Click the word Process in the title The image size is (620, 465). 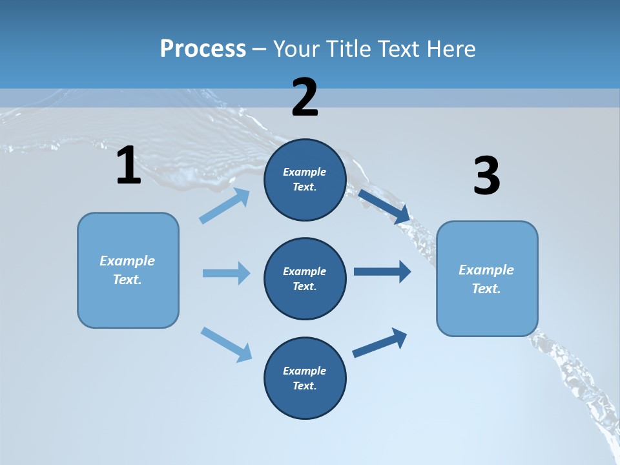tap(203, 48)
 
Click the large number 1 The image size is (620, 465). tap(129, 166)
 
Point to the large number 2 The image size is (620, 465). tap(305, 98)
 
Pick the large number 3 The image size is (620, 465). tap(487, 176)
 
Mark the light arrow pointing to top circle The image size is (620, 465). tap(225, 206)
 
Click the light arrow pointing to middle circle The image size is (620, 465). tap(226, 273)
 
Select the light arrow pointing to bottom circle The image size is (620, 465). tap(226, 344)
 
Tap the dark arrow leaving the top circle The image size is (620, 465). tap(384, 206)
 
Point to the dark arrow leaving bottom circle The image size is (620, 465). tap(380, 342)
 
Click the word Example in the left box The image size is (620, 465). tap(127, 261)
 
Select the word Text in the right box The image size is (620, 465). tap(486, 289)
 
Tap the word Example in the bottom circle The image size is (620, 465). tap(305, 371)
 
